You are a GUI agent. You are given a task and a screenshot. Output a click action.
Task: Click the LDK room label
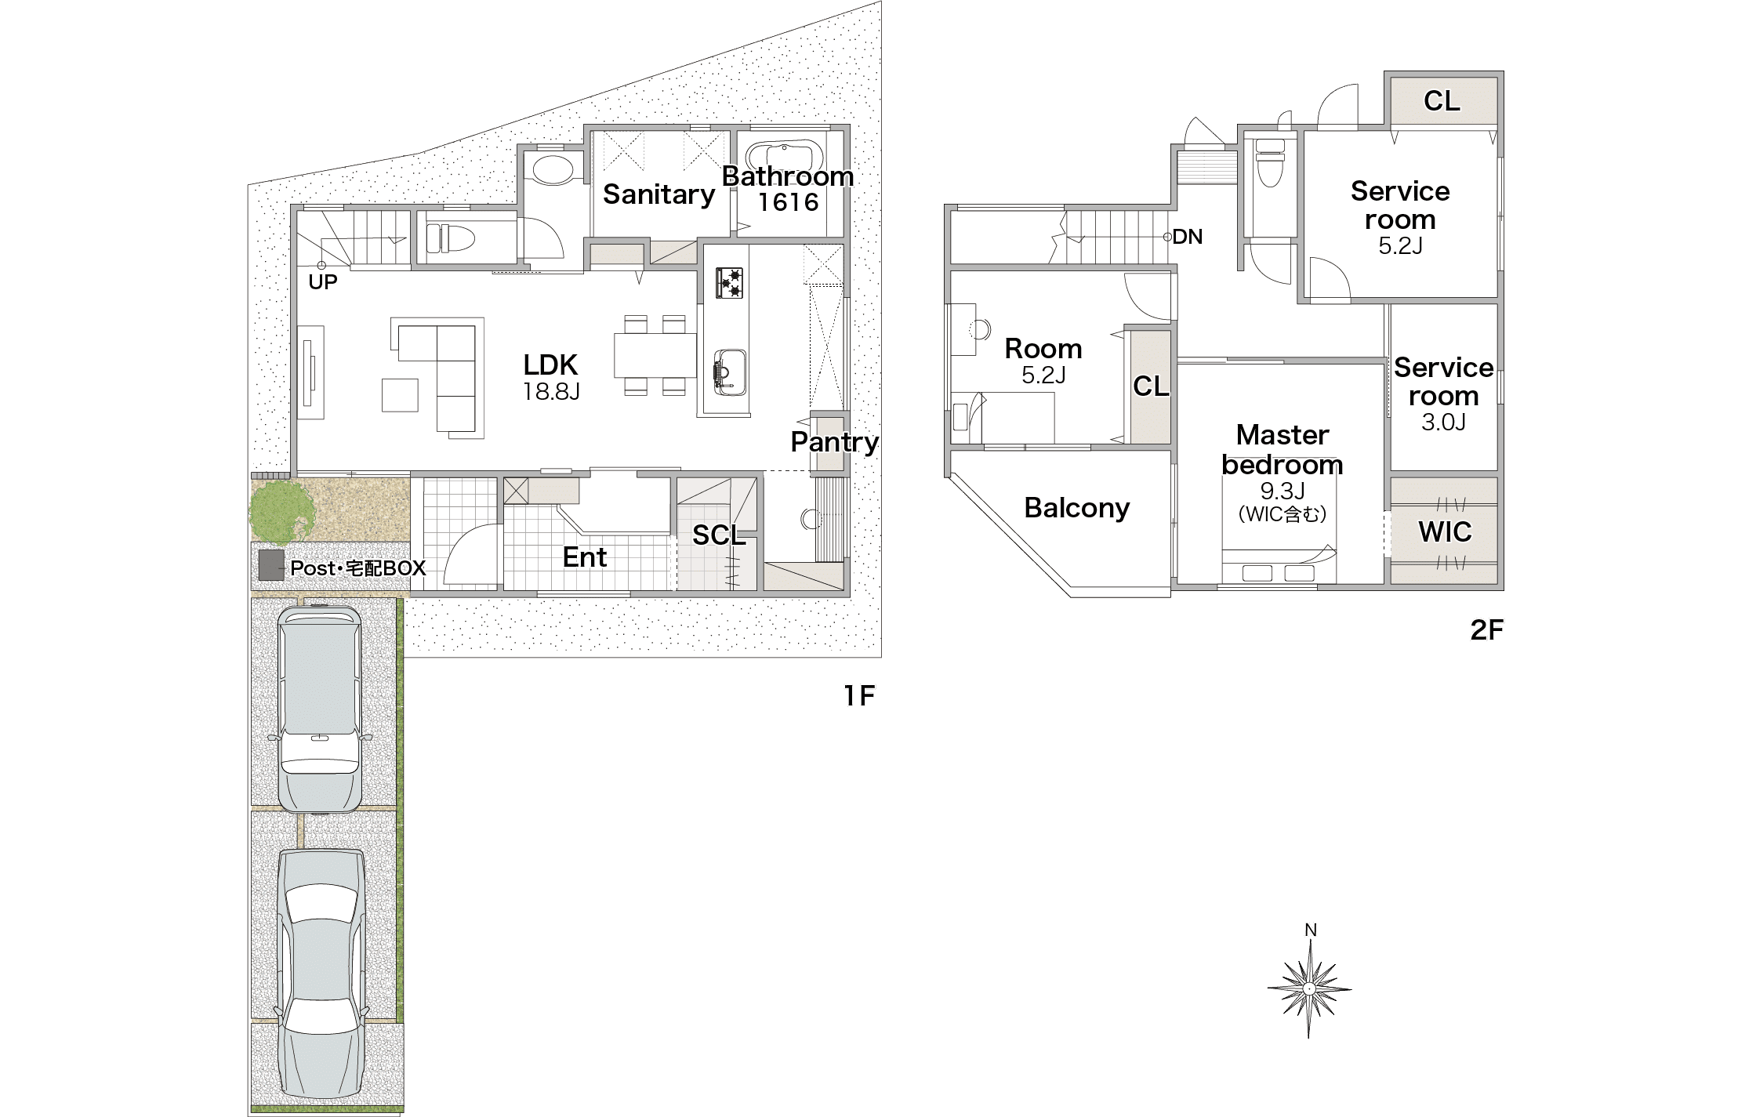click(x=550, y=364)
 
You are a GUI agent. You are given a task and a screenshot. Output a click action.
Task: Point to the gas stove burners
click(x=730, y=282)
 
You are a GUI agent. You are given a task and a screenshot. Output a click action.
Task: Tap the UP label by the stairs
click(x=322, y=282)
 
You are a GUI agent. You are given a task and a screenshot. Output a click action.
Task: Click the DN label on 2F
click(x=1188, y=237)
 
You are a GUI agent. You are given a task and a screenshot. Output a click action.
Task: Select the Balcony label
click(x=1077, y=508)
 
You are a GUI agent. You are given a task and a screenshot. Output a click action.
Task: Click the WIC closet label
click(x=1445, y=532)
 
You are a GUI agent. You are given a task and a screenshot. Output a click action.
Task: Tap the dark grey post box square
click(x=271, y=565)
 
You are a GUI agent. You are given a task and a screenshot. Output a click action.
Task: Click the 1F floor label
click(x=858, y=695)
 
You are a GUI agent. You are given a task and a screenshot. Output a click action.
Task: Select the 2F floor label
click(x=1486, y=630)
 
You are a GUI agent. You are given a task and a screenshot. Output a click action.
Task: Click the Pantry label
click(x=834, y=442)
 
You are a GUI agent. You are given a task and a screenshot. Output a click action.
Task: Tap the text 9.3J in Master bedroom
click(x=1283, y=491)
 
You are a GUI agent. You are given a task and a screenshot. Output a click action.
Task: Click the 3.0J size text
click(x=1443, y=423)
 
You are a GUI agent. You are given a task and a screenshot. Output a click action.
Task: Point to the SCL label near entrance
click(x=719, y=535)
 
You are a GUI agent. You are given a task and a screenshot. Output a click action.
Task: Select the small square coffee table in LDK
click(x=400, y=395)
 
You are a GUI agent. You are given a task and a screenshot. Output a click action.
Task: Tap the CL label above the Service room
click(x=1442, y=101)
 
